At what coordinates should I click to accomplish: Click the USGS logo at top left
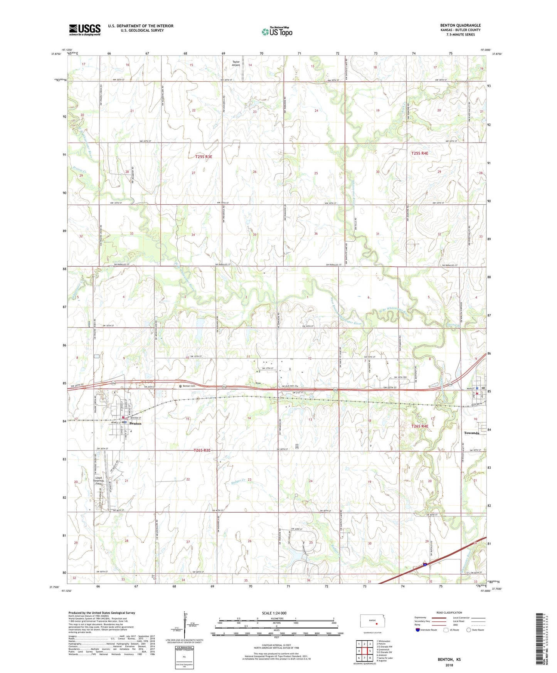[85, 30]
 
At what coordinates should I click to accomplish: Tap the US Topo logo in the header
[277, 31]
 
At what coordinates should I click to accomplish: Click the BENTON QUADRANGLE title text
[460, 25]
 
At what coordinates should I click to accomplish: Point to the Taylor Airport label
[236, 63]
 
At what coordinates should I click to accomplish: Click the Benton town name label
[135, 423]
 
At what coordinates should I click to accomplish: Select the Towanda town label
[471, 433]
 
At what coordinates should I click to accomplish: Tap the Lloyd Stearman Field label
[98, 480]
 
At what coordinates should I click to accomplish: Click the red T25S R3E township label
[204, 157]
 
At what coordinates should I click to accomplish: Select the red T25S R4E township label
[420, 153]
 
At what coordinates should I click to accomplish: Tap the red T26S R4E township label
[420, 426]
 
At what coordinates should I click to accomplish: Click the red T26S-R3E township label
[202, 450]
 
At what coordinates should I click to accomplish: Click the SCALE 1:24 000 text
[274, 613]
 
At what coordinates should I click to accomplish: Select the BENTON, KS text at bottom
[449, 660]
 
